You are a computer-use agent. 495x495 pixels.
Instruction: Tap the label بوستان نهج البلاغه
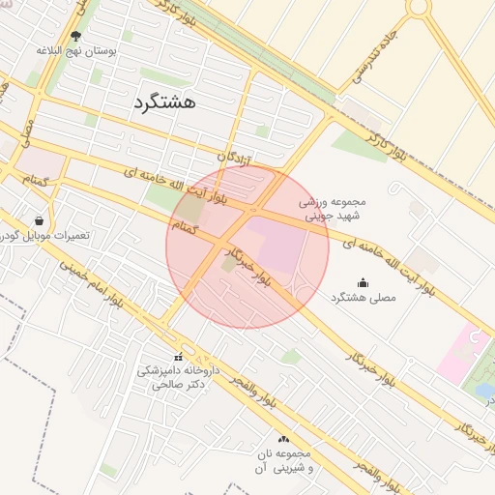[x=76, y=50]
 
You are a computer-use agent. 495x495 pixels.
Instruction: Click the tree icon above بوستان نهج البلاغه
[x=76, y=36]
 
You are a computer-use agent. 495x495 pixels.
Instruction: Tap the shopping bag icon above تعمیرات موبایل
[x=39, y=220]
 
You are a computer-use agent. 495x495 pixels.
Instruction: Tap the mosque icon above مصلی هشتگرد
[x=363, y=282]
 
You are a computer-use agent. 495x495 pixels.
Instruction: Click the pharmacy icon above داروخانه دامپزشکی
[x=177, y=357]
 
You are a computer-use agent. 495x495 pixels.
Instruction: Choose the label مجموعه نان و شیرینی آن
[x=283, y=460]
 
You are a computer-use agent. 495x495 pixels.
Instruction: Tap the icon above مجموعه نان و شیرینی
[x=283, y=439]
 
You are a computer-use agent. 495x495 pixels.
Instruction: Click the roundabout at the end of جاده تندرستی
[x=419, y=7]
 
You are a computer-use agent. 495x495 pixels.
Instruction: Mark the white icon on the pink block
[x=474, y=338]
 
